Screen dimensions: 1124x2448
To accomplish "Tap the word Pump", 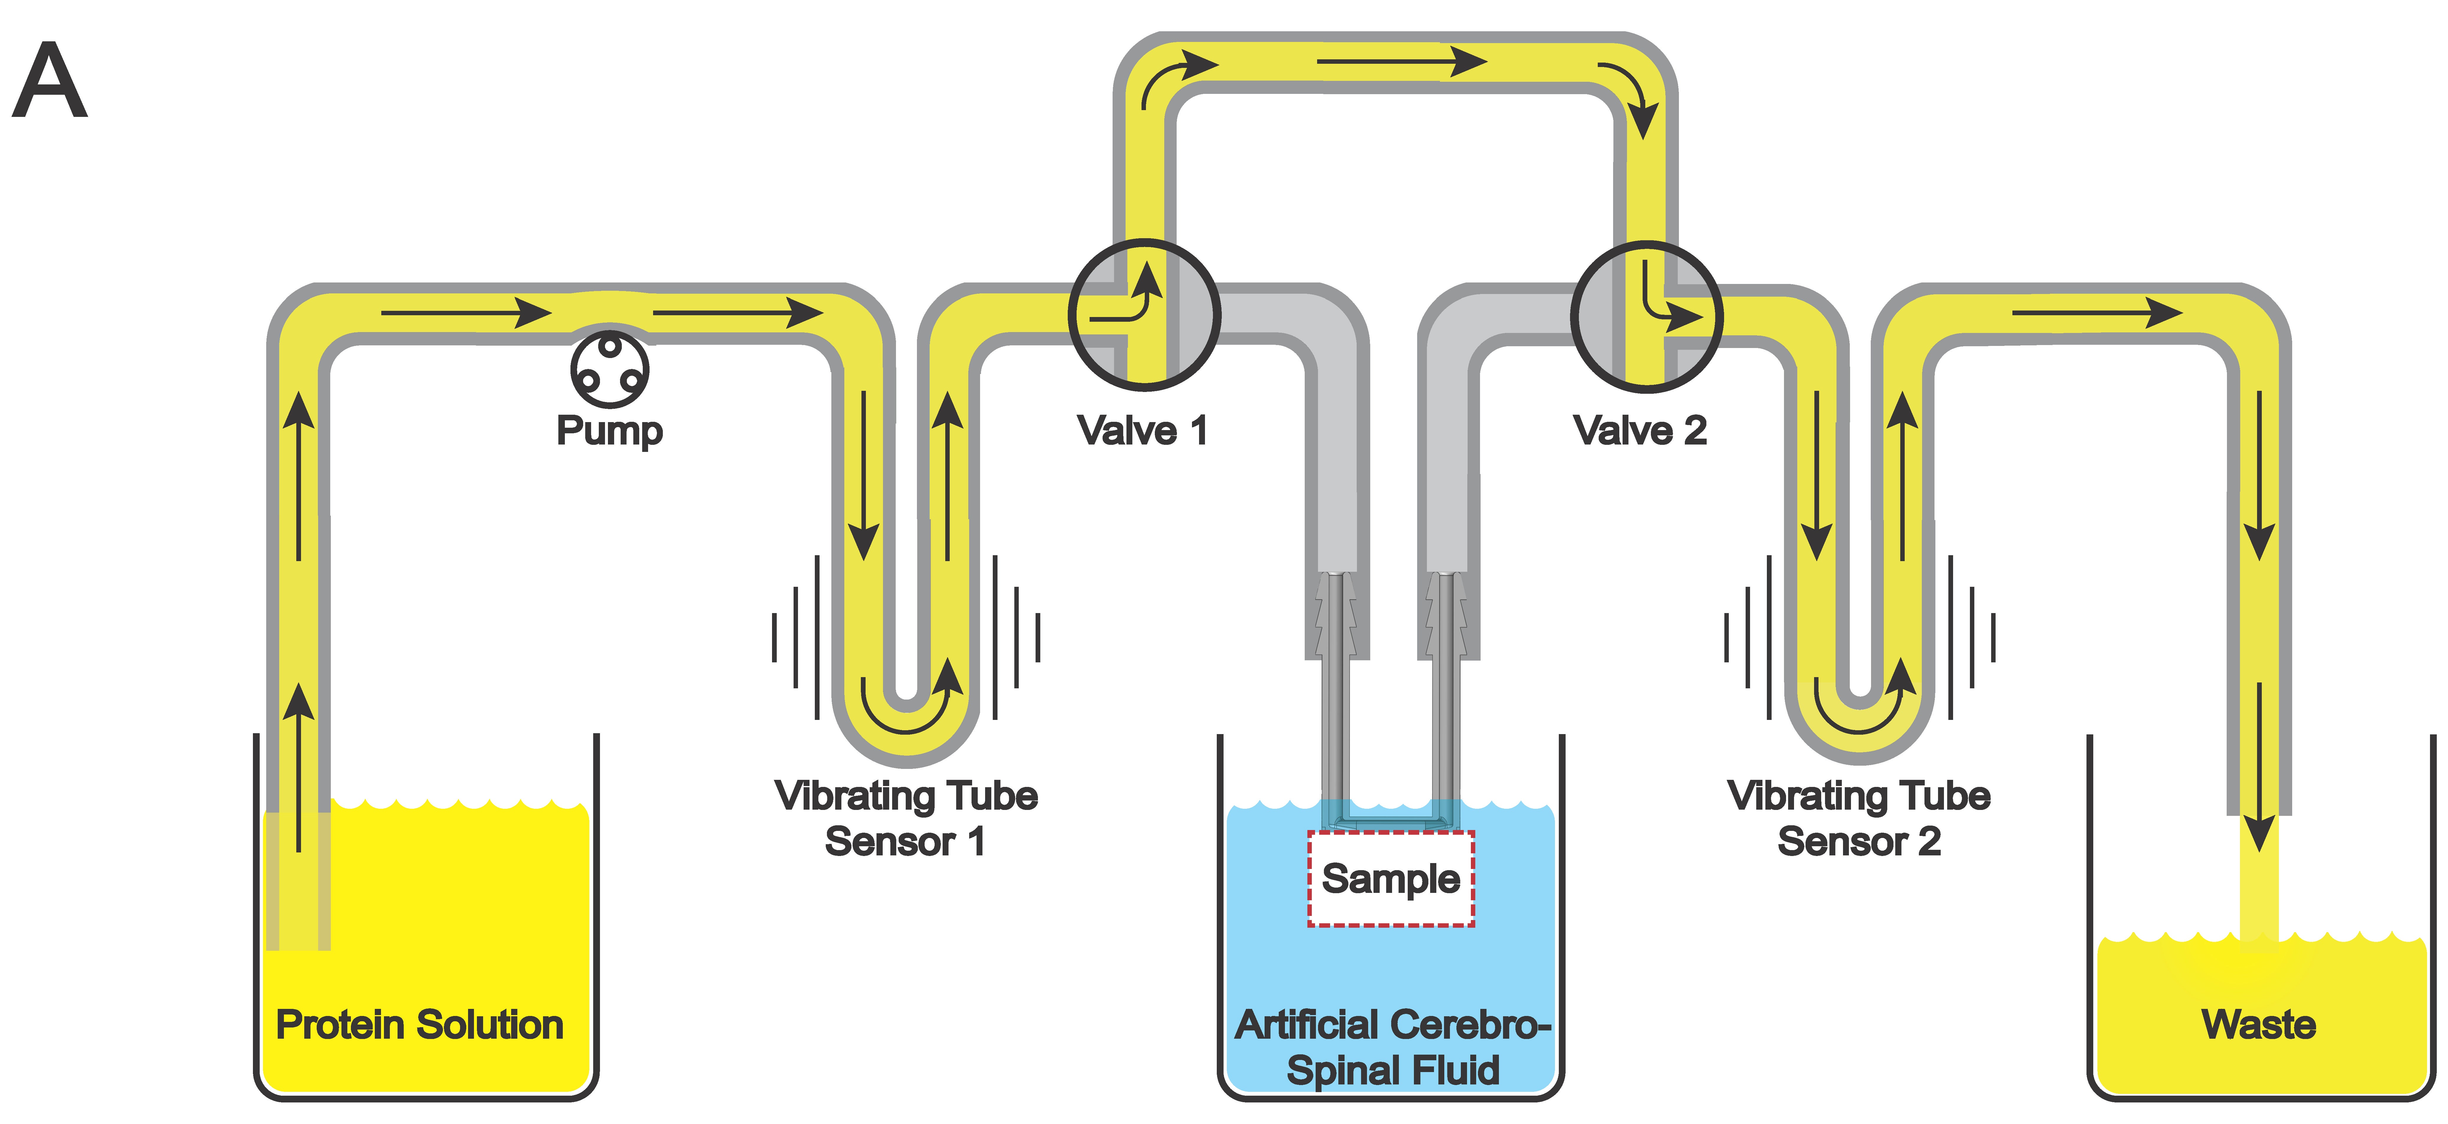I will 609,430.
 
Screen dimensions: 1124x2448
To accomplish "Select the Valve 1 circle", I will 1143,314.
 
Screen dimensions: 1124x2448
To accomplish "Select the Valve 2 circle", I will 1646,316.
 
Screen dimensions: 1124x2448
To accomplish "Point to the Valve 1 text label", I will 1142,430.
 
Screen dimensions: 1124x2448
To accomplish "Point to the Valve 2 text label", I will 1640,430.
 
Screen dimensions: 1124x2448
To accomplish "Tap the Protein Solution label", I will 419,1024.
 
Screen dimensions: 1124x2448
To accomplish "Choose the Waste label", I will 2258,1024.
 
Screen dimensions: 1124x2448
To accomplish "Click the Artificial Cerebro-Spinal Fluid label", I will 1392,1047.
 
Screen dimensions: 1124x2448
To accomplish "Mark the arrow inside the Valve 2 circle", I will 1668,302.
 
